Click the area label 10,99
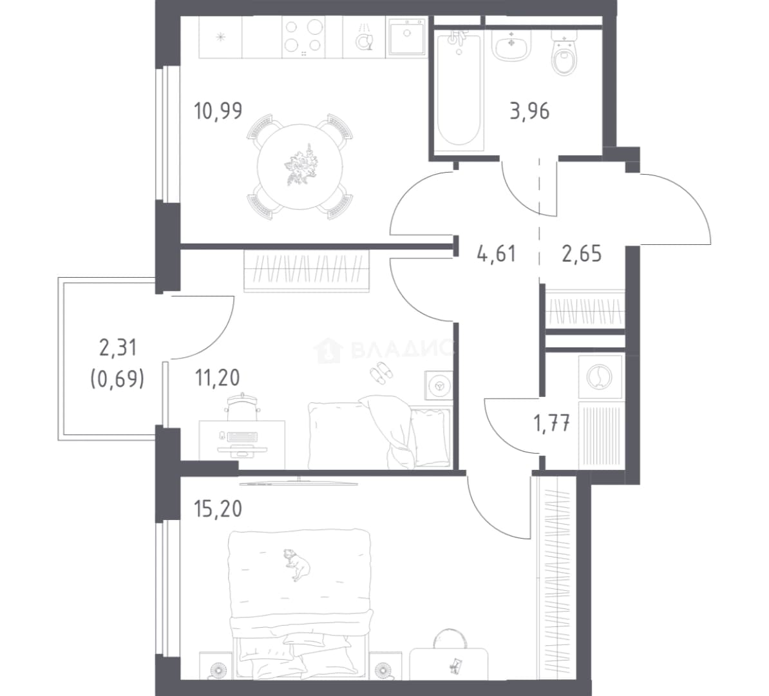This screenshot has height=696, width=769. [218, 111]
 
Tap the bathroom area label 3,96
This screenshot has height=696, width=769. [529, 111]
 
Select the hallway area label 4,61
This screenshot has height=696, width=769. [497, 255]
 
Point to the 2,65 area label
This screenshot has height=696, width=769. [582, 255]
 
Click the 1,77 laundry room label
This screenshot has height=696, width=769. [552, 423]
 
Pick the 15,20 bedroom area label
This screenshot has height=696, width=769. [218, 509]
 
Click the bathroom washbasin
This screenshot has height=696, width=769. [511, 45]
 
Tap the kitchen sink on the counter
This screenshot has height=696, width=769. [406, 37]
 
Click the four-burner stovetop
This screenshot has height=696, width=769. [303, 37]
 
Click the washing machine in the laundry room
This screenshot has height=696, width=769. [600, 376]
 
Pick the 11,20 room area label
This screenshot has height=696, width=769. [217, 378]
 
